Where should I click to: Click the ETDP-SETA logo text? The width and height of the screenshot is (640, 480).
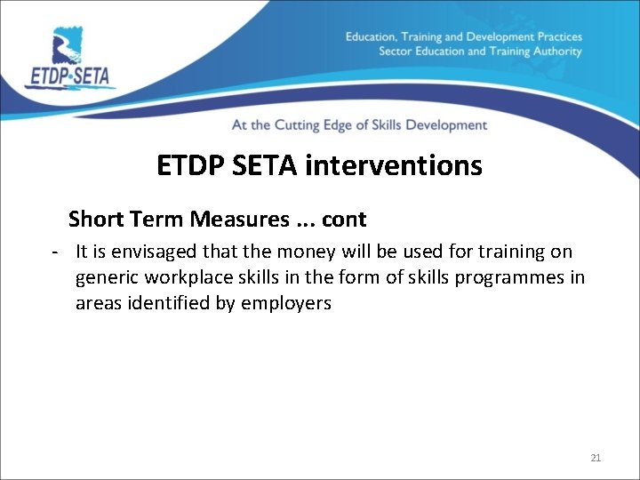[70, 75]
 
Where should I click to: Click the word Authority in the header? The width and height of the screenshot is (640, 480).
[555, 51]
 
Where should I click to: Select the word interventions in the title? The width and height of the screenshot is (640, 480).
[408, 165]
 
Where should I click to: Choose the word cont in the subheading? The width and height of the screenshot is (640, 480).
[344, 219]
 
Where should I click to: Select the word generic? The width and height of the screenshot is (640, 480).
[105, 278]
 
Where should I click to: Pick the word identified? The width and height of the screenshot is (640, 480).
[170, 303]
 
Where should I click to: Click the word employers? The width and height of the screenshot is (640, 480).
[286, 303]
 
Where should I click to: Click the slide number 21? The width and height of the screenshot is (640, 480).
[596, 458]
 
